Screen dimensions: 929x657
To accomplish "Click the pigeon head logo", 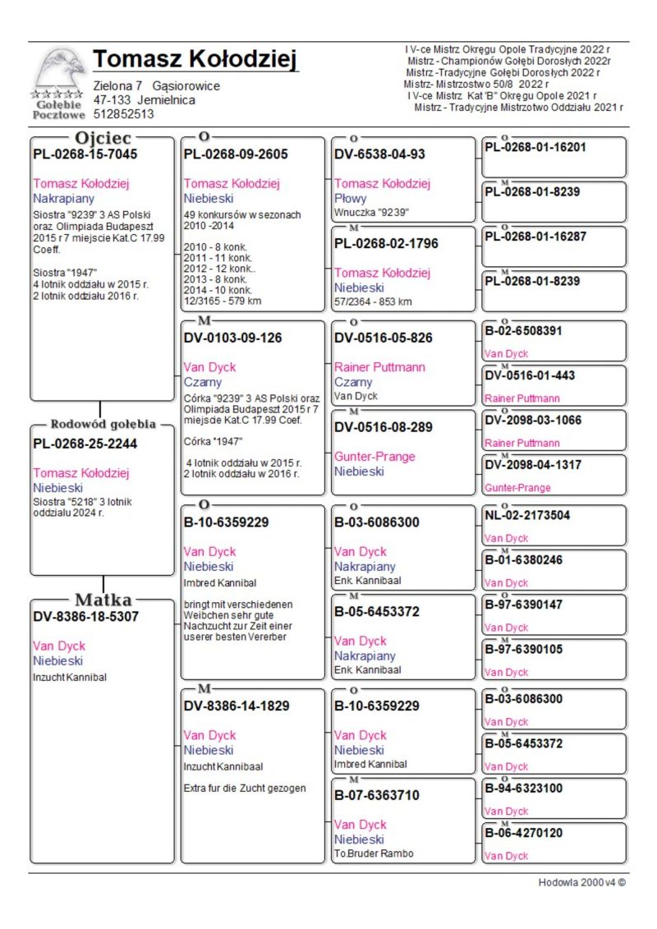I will (x=60, y=69).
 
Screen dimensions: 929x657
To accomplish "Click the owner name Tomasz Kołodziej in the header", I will (x=195, y=60).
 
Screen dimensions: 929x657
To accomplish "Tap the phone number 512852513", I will (x=124, y=115).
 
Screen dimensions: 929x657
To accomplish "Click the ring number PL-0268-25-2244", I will (x=85, y=444).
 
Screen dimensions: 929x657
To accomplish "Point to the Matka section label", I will (x=103, y=599).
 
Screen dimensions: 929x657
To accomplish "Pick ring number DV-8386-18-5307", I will (x=86, y=616).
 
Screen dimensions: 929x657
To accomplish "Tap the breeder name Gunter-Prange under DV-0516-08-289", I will (x=374, y=457).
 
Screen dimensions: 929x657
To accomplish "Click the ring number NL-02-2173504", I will (x=527, y=516).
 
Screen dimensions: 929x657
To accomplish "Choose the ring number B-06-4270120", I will (x=524, y=833).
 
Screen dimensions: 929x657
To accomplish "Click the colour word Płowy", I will (x=351, y=198).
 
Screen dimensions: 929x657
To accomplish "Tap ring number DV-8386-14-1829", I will (x=237, y=706).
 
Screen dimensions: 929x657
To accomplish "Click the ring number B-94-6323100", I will (x=524, y=789).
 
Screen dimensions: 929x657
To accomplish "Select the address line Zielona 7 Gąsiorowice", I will (x=156, y=85).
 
